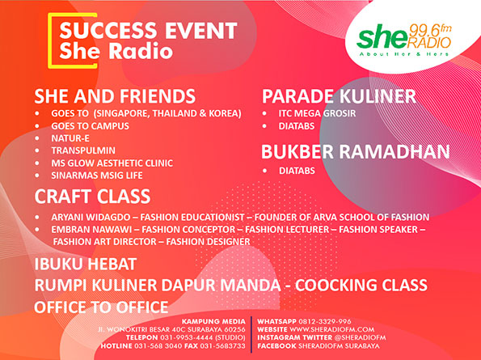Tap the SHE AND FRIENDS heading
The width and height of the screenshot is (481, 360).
114,95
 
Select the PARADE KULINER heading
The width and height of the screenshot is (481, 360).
339,97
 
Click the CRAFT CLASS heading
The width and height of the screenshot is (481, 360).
92,197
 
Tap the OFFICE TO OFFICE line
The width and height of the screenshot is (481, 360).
101,307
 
